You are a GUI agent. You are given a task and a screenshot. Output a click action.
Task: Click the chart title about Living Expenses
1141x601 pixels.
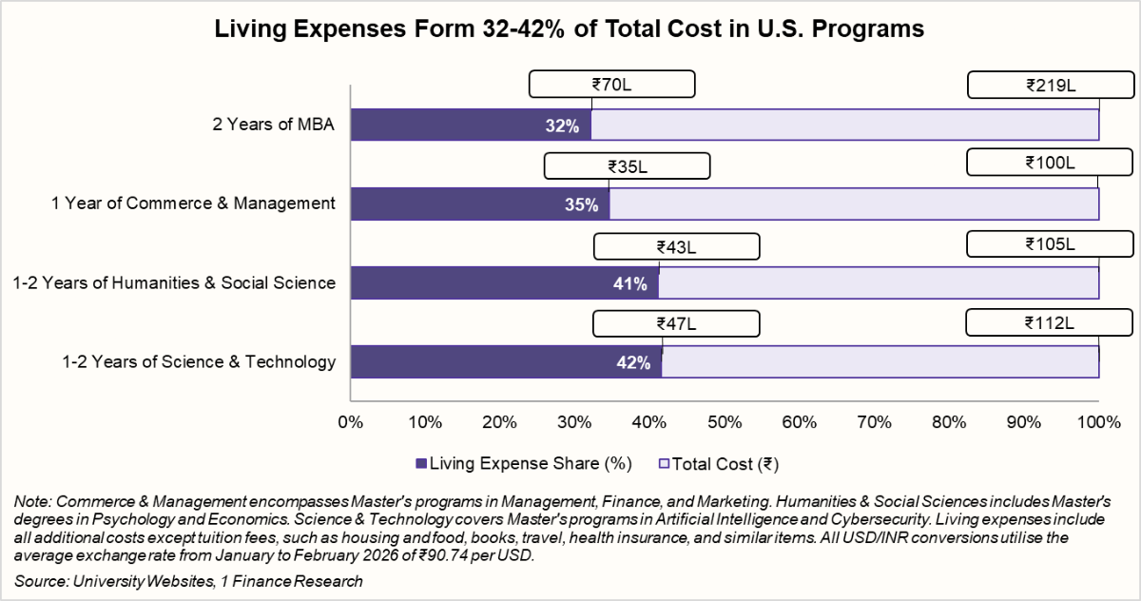[570, 29]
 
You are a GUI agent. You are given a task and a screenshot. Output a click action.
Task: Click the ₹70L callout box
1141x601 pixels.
[611, 85]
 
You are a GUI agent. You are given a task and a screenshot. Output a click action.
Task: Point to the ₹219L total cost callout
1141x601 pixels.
[1050, 85]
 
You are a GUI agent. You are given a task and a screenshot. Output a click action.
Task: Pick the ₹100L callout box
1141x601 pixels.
[1050, 164]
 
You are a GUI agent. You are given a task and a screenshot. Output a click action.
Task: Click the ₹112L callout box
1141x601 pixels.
[1050, 322]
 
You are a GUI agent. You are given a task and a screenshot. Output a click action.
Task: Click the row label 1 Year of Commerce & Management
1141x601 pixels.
[193, 203]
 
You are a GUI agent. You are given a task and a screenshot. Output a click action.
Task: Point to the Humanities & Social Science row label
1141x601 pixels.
[174, 282]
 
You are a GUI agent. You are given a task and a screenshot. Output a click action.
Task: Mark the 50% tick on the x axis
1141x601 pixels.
[725, 421]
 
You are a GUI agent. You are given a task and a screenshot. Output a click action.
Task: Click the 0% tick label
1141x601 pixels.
[351, 421]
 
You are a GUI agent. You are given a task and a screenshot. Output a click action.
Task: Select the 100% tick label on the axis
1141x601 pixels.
[1099, 421]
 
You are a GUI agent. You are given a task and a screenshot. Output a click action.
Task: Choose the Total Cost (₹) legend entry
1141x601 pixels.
[719, 464]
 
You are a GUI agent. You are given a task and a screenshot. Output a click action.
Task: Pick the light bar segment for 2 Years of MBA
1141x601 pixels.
[844, 126]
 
